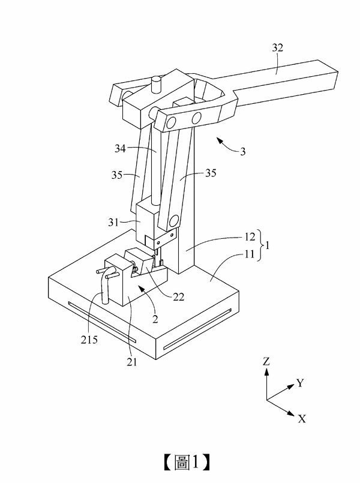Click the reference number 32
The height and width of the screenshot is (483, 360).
pyautogui.click(x=277, y=48)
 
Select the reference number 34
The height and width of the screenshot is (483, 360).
pyautogui.click(x=121, y=148)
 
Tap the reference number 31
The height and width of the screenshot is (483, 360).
pyautogui.click(x=113, y=222)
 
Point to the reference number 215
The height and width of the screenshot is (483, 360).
pyautogui.click(x=89, y=340)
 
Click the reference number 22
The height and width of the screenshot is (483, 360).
pyautogui.click(x=178, y=296)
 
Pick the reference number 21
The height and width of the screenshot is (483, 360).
pyautogui.click(x=131, y=362)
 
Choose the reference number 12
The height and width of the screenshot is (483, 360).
pyautogui.click(x=250, y=236)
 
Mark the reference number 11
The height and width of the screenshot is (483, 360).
pyautogui.click(x=250, y=254)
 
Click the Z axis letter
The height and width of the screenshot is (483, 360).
pyautogui.click(x=266, y=361)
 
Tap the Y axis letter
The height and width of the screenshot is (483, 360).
pyautogui.click(x=300, y=383)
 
